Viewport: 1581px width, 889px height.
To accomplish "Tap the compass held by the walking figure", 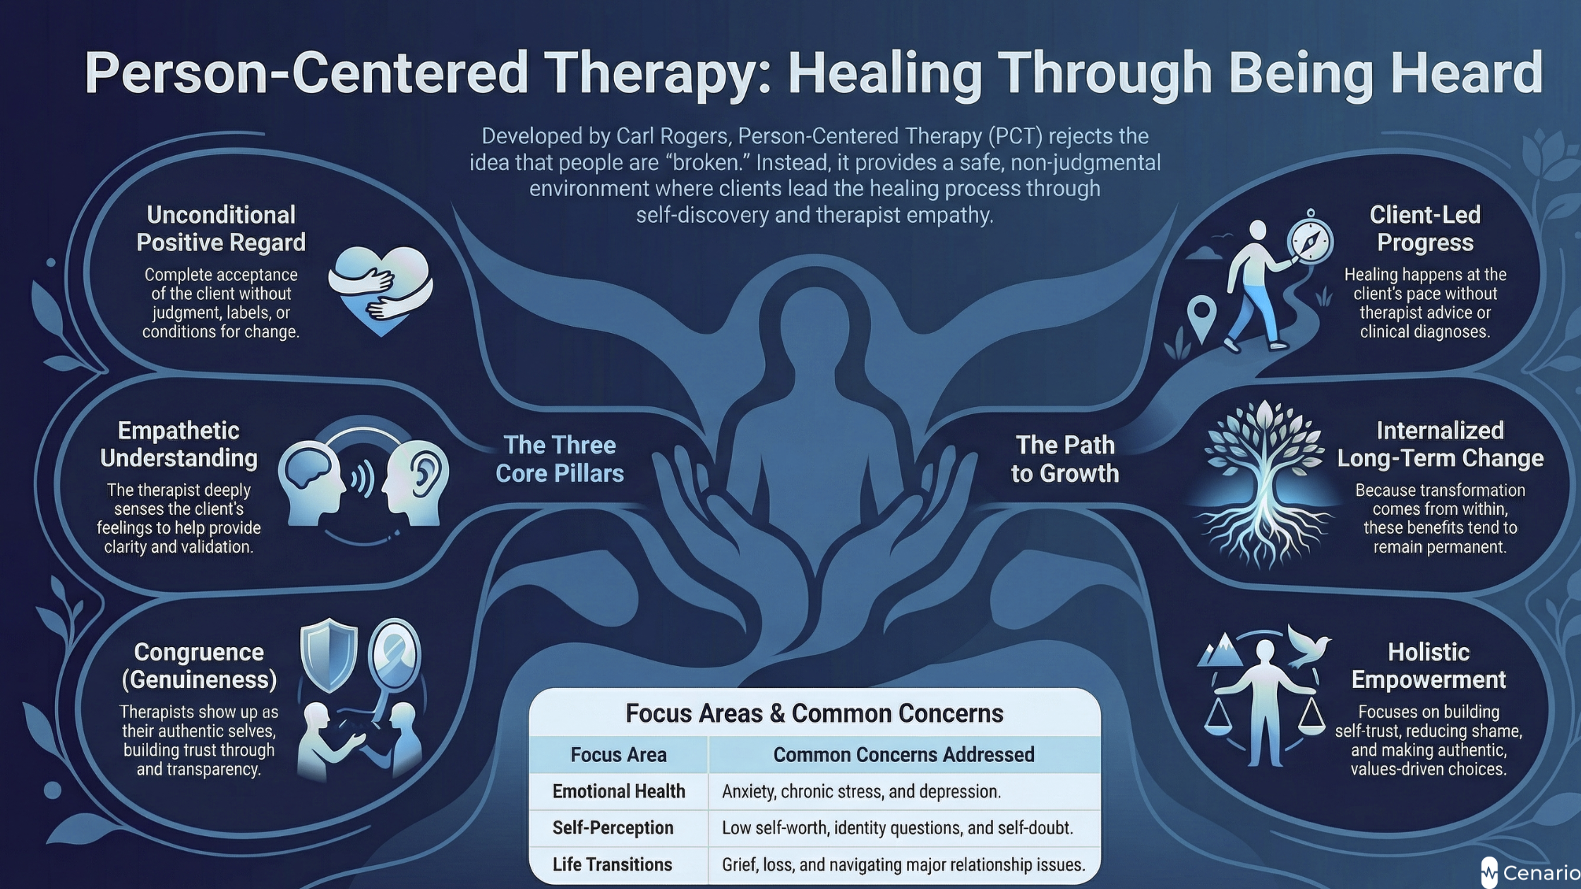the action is point(1311,240).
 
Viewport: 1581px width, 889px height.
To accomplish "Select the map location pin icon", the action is point(1202,317).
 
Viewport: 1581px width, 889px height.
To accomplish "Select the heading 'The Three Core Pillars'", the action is point(560,459).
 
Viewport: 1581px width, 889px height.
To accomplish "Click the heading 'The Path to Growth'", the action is point(1065,459).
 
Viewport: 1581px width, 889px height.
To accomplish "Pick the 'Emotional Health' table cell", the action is point(618,792).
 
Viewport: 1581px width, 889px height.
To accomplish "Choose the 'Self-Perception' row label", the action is point(613,828).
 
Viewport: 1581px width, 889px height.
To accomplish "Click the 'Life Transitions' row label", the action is point(612,864).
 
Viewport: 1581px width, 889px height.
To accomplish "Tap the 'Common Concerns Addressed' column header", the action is point(903,755).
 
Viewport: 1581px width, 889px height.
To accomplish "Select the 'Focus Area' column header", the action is point(618,755).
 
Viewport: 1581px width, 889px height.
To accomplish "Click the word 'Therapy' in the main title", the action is point(656,73).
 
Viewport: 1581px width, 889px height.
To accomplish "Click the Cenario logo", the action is point(1531,873).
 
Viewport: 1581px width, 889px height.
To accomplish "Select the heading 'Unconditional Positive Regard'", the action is point(221,229).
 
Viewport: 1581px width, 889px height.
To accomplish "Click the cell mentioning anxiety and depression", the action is point(861,792).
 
